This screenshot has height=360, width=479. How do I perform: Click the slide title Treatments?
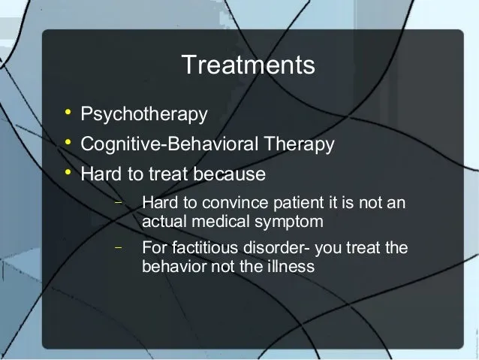tap(248, 65)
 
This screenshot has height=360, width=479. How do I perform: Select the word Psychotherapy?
tap(144, 114)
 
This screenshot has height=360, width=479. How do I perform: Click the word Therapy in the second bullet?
tap(299, 144)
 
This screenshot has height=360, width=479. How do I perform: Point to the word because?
tap(230, 174)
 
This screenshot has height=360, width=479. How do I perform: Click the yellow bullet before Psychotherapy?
tap(68, 112)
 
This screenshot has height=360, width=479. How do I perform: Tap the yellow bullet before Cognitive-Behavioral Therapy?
tap(68, 142)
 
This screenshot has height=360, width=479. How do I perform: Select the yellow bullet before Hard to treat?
tap(68, 172)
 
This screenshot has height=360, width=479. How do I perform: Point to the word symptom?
tap(289, 222)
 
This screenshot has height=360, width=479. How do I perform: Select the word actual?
tap(164, 221)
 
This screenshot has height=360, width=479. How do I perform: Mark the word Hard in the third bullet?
tap(101, 174)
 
